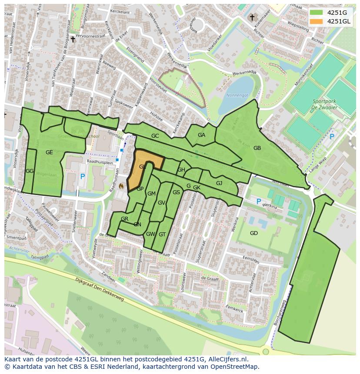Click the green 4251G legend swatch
coord(316,13)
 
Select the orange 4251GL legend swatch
coord(316,21)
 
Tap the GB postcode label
coord(257,148)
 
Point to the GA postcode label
coord(201,135)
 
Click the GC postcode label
coord(155,136)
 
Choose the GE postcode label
coord(49,152)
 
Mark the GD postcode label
coord(254,233)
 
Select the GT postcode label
coord(162,235)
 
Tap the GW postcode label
coord(150,234)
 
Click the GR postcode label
coord(125,219)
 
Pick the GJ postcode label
coord(219,183)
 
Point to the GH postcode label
coord(181,170)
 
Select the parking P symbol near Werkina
coord(259,202)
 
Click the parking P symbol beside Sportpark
coord(332,136)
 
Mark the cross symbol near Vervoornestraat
coord(73,40)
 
